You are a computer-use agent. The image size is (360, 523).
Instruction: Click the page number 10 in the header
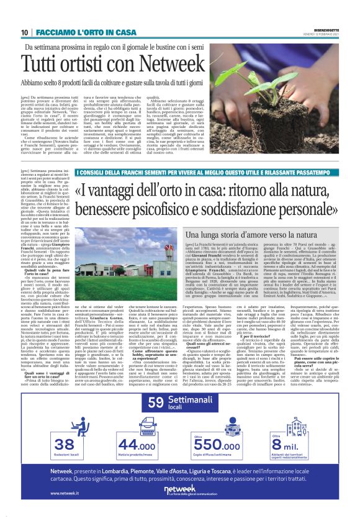click(x=24, y=32)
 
